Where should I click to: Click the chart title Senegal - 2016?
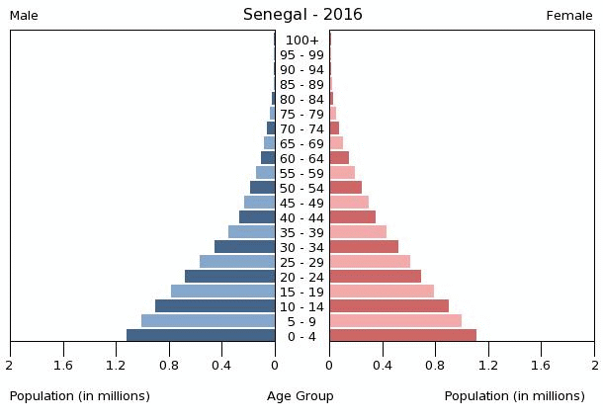coord(302,15)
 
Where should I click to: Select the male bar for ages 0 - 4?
coord(201,336)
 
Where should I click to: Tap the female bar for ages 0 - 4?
coord(402,336)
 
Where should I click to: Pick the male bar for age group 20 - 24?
coord(229,277)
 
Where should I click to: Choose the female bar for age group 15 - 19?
coord(382,292)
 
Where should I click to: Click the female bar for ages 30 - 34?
coord(364,247)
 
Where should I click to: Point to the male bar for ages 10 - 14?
coord(215,306)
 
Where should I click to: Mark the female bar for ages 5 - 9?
coord(395,321)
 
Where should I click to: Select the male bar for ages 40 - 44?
coord(257,217)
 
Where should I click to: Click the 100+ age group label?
coord(302,41)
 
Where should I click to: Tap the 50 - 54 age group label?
coord(302,189)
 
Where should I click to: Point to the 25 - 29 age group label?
coord(302,262)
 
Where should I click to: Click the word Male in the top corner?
coord(24,16)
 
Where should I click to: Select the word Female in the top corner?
coord(569,16)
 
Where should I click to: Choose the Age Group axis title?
coord(301,396)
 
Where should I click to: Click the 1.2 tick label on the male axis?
coord(117,365)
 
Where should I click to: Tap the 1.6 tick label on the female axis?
coord(541,365)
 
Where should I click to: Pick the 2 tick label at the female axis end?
coord(594,365)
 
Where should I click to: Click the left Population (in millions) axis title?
coord(80,396)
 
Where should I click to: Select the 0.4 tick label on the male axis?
coord(221,365)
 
